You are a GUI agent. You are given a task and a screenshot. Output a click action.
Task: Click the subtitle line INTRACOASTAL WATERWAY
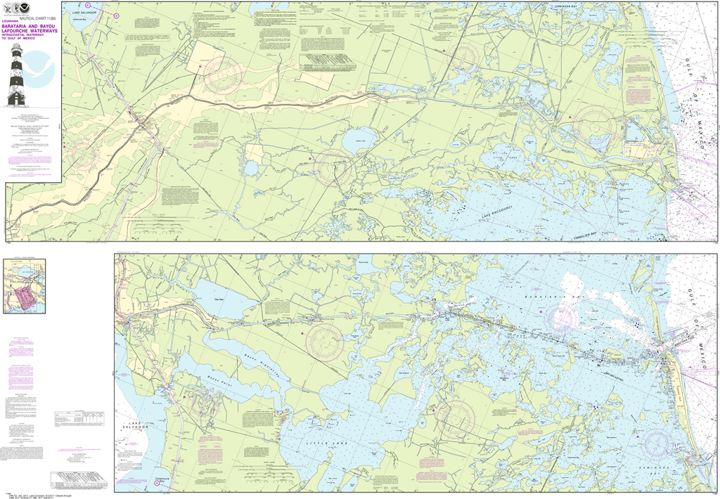[x=32, y=43]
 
